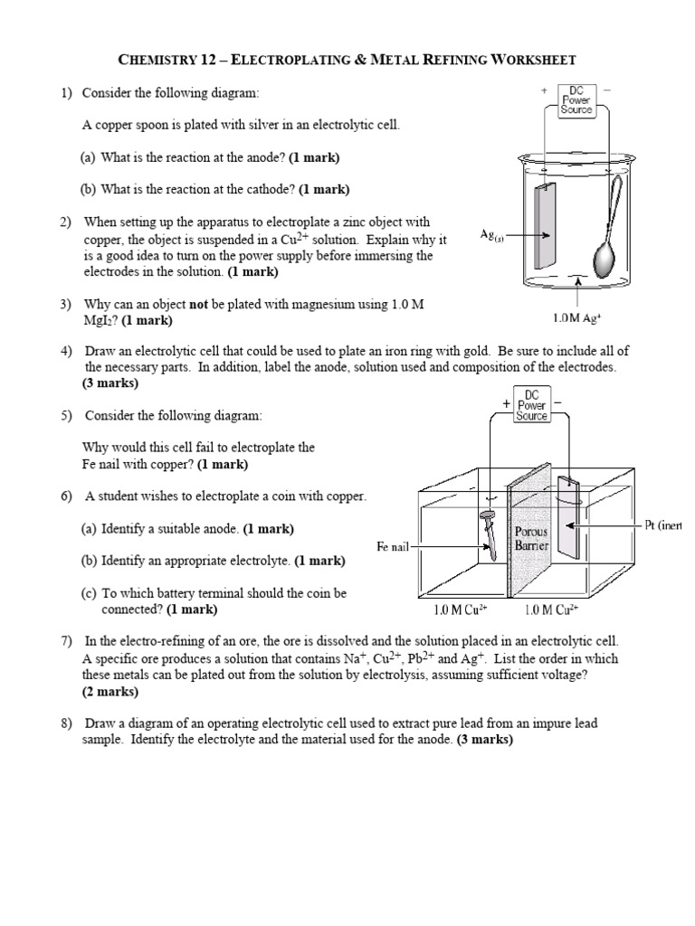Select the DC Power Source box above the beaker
coord(576,99)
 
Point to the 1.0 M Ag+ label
coord(576,317)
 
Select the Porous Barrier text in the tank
coord(531,539)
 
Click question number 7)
coord(67,640)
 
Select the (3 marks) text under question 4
coord(110,383)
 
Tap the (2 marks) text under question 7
coord(110,691)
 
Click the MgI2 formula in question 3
coord(100,321)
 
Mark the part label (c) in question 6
coord(88,593)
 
